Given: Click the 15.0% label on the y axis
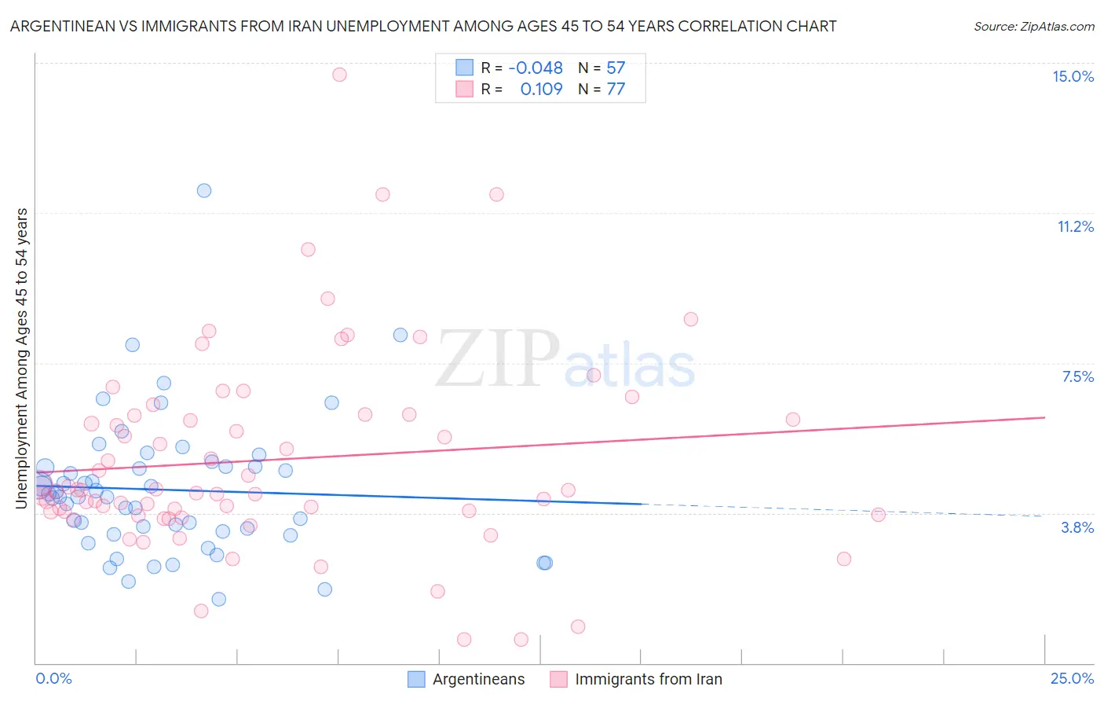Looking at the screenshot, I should tap(1073, 76).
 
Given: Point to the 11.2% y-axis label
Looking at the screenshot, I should tap(1075, 226).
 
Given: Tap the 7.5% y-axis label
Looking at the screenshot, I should tap(1077, 376).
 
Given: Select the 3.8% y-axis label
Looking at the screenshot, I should tap(1077, 527).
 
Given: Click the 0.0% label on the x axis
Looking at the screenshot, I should tap(53, 678).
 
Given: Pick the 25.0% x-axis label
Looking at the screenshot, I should tap(1072, 678).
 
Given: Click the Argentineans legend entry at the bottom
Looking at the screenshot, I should tap(478, 679).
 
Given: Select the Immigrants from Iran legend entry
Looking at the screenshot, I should tap(648, 679).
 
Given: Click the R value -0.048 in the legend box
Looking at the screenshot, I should tap(536, 68).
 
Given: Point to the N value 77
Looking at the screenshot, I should tap(616, 90).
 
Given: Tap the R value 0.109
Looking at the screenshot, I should tap(541, 90).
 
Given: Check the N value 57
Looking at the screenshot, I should tap(616, 68).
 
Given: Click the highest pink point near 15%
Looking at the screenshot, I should tap(339, 75).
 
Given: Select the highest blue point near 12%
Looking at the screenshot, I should tap(204, 190).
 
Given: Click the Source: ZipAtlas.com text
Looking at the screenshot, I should tap(1033, 26).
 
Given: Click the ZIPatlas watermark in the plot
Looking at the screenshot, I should tap(565, 359).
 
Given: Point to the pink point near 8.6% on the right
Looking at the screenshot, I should tap(691, 319).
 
